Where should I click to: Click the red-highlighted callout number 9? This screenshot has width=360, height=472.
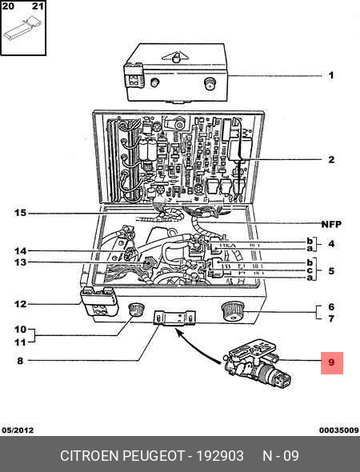coord(331,362)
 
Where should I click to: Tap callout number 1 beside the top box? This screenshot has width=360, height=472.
coord(331,75)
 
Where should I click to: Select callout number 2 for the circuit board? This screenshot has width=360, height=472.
coord(331,159)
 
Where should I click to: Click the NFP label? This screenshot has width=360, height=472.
coord(331,224)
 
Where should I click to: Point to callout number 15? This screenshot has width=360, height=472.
coord(21,213)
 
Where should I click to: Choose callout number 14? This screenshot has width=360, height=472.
coord(21,250)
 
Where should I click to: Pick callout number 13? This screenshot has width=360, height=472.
coord(21,262)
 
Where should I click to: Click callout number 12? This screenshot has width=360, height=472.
coord(21,304)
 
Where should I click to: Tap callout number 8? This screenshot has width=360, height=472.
coord(20,360)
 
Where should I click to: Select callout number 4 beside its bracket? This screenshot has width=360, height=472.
coord(331,243)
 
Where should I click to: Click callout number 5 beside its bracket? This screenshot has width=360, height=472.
coord(331,270)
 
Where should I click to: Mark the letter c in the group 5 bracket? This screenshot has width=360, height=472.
coord(310,270)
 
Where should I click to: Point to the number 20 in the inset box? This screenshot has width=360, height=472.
coord(8,6)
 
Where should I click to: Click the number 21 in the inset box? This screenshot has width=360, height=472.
coord(38,6)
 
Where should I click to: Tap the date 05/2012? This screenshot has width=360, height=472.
coord(18,430)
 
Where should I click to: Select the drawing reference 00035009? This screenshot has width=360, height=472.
coord(339,430)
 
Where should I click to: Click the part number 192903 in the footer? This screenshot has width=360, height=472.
coord(220,456)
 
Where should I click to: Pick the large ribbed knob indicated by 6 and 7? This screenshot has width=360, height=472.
coord(233,312)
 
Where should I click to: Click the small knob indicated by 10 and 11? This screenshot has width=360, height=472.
coord(136,310)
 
